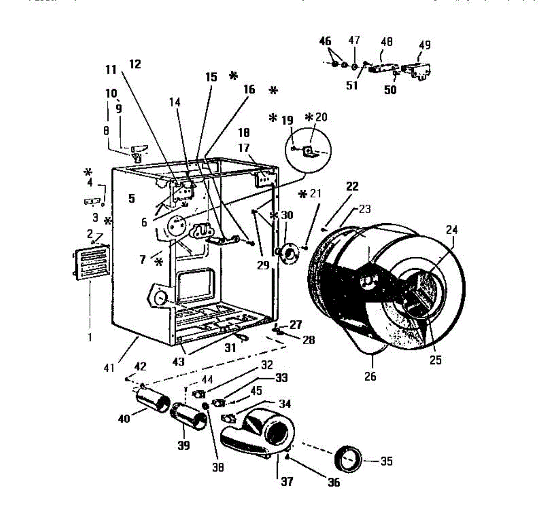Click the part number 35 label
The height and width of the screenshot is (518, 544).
pyautogui.click(x=386, y=461)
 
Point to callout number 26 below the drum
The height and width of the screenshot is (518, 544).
pyautogui.click(x=370, y=376)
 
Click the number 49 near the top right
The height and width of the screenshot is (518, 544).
pyautogui.click(x=424, y=45)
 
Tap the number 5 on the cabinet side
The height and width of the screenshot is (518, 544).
pyautogui.click(x=131, y=198)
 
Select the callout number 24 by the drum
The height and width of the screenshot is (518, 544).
pyautogui.click(x=452, y=230)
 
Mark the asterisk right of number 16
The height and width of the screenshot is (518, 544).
pyautogui.click(x=273, y=91)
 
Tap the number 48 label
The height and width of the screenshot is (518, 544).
pyautogui.click(x=387, y=42)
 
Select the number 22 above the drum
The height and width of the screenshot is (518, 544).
pyautogui.click(x=352, y=186)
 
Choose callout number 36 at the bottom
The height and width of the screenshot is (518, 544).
pyautogui.click(x=334, y=482)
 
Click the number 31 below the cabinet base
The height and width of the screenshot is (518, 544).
pyautogui.click(x=230, y=348)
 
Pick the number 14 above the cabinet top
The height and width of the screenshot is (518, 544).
pyautogui.click(x=175, y=103)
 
